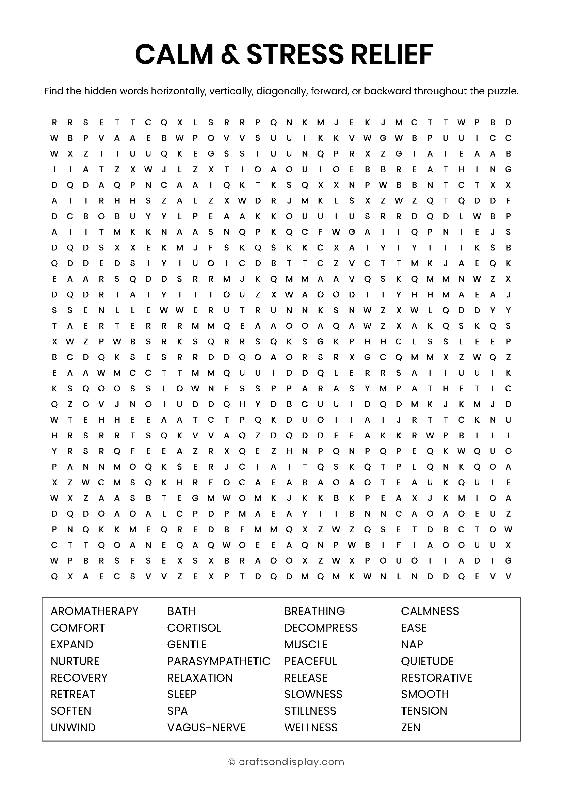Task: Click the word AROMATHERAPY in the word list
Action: [94, 611]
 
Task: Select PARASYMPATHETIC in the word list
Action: [219, 661]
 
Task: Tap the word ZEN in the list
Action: [411, 727]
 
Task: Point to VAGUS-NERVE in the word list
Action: [206, 727]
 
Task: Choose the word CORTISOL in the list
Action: [194, 628]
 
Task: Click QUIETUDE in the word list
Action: [427, 661]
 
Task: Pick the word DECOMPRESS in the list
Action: [321, 628]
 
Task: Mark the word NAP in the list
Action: [412, 645]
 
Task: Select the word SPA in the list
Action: [177, 711]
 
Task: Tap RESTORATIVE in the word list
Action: [436, 678]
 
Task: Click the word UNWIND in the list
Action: [73, 727]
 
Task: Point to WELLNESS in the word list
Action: [311, 727]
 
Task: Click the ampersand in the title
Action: [230, 55]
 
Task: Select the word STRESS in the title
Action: [295, 55]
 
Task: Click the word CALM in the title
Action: [174, 55]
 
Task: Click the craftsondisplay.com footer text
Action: [291, 762]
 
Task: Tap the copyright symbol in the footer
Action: [231, 762]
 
